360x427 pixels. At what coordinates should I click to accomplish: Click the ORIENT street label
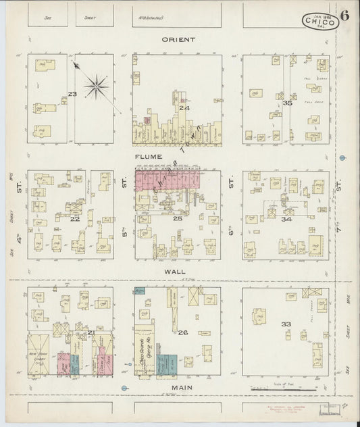tap(178, 39)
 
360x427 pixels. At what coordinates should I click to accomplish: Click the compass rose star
tap(98, 86)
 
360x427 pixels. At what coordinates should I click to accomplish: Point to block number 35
tap(287, 103)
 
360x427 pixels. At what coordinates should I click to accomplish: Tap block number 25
tap(178, 218)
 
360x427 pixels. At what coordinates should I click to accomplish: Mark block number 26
tap(182, 332)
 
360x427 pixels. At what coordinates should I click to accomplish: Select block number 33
tap(286, 324)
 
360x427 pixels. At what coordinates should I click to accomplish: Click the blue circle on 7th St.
tap(344, 158)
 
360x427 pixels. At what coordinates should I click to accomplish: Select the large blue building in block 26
tap(167, 365)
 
